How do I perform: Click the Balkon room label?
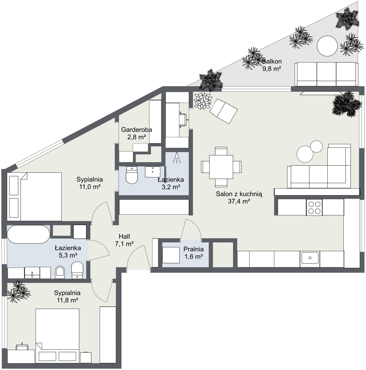click(272, 62)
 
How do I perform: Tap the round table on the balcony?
click(327, 46)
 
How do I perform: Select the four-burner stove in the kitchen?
click(314, 207)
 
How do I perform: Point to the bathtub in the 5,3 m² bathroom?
click(29, 234)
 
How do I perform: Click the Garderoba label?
click(136, 130)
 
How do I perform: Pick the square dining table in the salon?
click(221, 167)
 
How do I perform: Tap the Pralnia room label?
click(194, 249)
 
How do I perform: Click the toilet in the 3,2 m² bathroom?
click(132, 175)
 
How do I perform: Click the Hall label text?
click(124, 236)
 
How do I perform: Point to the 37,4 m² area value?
click(239, 201)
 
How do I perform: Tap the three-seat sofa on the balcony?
click(327, 74)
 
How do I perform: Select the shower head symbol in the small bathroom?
click(177, 158)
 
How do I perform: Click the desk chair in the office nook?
click(183, 120)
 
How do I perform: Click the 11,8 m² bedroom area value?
click(67, 300)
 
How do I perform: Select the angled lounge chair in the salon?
click(224, 111)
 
